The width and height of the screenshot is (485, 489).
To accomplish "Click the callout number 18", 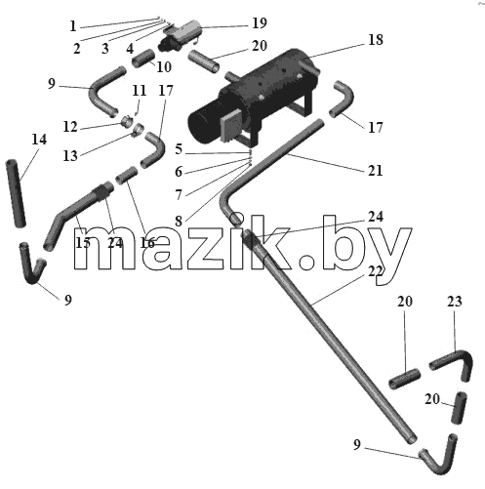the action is pos(376,40).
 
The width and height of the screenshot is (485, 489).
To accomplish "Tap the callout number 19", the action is pos(260,23).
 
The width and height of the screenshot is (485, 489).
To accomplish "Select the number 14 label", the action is pos(39,140).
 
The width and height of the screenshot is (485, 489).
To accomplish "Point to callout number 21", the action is pos(375,170).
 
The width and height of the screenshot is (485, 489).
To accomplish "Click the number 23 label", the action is pos(454,302).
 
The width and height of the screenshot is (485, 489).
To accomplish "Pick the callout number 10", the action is pos(164,67).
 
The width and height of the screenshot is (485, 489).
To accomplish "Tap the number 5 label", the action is pos(179,149).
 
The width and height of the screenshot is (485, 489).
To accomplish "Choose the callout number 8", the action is pos(179,222).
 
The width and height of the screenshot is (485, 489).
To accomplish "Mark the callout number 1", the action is pos(73,26).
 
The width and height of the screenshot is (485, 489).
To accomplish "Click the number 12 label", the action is pos(70,127).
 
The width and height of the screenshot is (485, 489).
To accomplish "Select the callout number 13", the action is pos(70,156).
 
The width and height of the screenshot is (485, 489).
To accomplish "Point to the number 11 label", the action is pos(140,90).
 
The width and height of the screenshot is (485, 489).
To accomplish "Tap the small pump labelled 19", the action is pos(180,35).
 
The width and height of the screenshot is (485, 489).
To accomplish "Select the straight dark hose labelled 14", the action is pos(16,193).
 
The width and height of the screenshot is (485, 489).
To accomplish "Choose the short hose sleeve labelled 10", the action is pos(143,58).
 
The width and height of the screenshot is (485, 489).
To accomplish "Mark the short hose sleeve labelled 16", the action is pos(127,175).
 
